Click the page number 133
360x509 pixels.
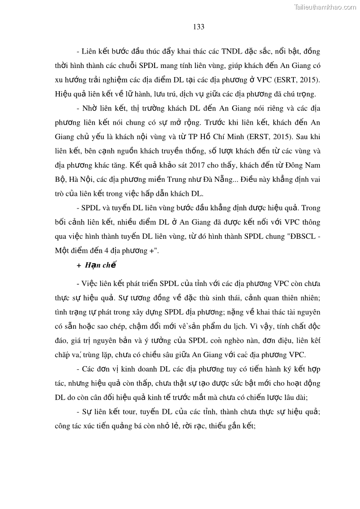click(199, 27)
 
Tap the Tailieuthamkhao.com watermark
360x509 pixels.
click(325, 7)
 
